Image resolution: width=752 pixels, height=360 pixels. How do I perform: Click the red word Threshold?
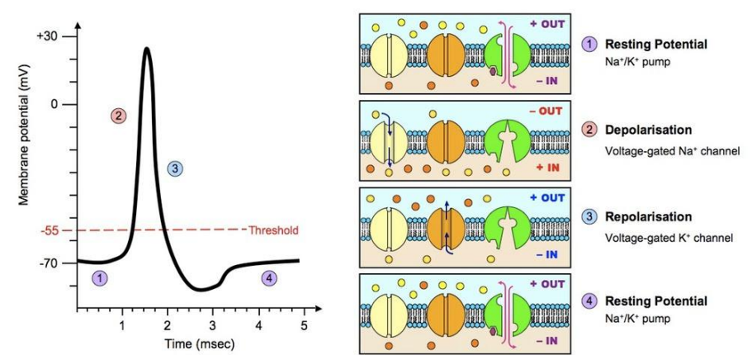click(273, 230)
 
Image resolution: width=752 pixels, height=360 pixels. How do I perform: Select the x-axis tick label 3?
click(212, 325)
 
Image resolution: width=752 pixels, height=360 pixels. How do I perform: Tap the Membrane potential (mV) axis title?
click(24, 149)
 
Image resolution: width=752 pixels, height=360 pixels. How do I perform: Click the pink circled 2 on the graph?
click(118, 116)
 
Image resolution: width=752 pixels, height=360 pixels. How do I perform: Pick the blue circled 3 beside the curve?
click(176, 168)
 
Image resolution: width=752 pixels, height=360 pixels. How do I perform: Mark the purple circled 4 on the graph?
click(270, 277)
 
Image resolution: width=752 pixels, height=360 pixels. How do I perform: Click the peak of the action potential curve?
click(146, 48)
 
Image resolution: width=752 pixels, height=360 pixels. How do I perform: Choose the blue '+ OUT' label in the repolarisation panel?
click(547, 197)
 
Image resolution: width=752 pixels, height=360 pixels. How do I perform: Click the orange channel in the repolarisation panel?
click(446, 226)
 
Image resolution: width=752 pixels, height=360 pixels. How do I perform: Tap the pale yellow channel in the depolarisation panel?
click(389, 140)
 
